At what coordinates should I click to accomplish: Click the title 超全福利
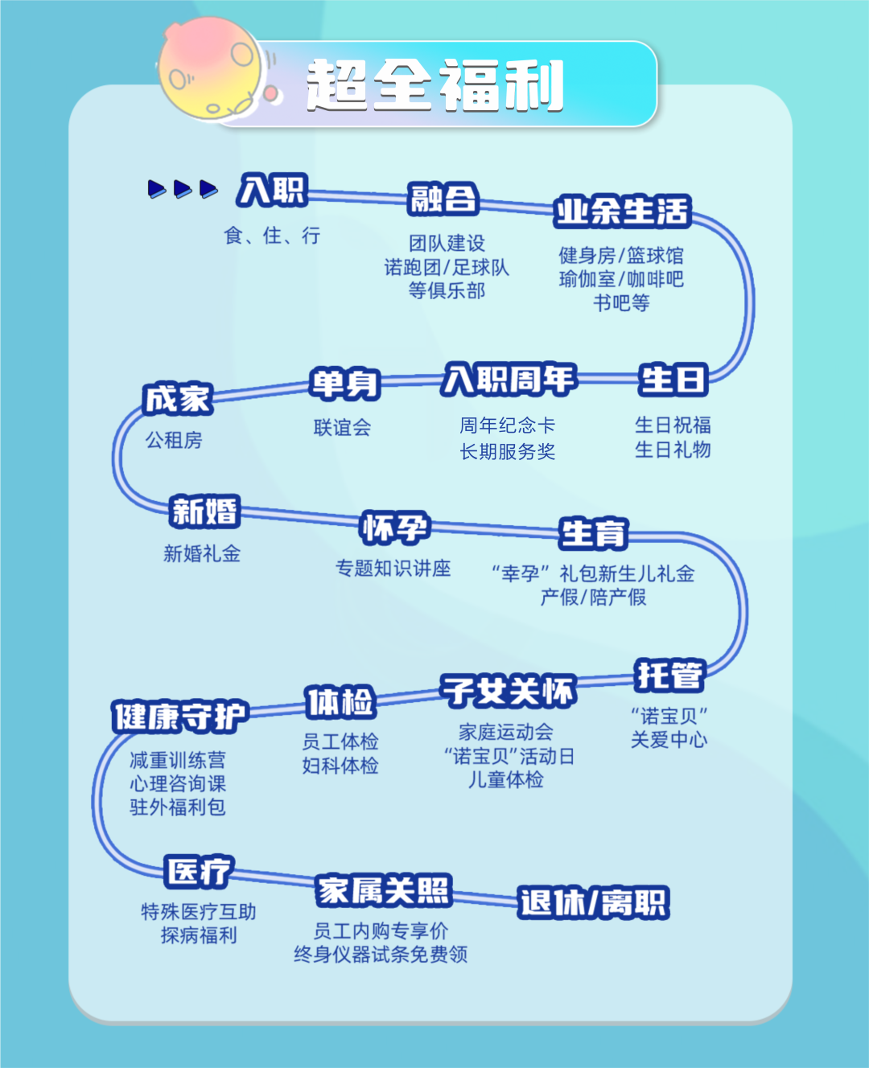[x=434, y=85]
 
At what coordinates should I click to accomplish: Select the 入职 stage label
[x=272, y=191]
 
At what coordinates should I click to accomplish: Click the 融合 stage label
[x=443, y=198]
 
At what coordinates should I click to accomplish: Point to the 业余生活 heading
[x=622, y=211]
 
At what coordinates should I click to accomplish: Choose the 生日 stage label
[x=673, y=379]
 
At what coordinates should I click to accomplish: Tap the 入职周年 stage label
[x=509, y=379]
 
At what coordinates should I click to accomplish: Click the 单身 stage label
[x=344, y=383]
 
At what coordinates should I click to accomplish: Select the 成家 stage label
[x=177, y=398]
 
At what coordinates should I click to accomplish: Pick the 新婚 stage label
[x=204, y=511]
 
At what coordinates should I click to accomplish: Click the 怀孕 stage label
[x=394, y=528]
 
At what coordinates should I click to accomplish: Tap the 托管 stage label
[x=669, y=675]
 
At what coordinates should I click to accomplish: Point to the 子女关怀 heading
[x=509, y=691]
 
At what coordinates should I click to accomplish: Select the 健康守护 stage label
[x=179, y=716]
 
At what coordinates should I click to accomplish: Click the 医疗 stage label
[x=199, y=871]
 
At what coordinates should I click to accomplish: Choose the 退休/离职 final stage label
[x=593, y=902]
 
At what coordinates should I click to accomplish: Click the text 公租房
[x=174, y=440]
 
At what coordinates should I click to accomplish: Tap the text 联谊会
[x=343, y=427]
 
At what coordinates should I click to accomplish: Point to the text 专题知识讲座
[x=393, y=568]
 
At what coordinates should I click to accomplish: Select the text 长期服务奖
[x=508, y=451]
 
